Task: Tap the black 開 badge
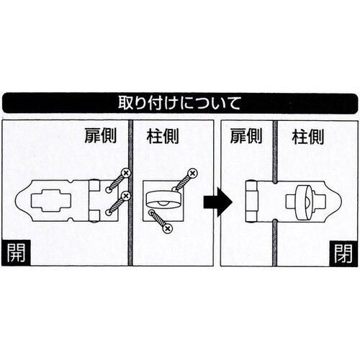[14, 253]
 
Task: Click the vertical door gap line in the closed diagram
[274, 158]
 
